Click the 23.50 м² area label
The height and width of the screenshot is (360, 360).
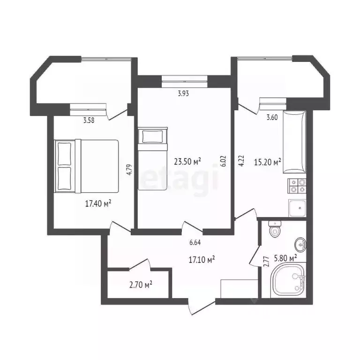pyautogui.click(x=187, y=162)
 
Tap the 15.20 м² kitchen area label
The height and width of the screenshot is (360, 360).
pyautogui.click(x=267, y=162)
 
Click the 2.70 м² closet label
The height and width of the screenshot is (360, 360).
pyautogui.click(x=141, y=284)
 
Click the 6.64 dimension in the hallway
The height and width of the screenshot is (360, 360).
pyautogui.click(x=196, y=242)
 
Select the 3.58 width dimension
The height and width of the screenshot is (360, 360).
pyautogui.click(x=89, y=120)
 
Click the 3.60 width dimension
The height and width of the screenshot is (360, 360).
pyautogui.click(x=272, y=118)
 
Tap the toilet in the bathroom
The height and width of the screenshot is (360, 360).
pyautogui.click(x=274, y=230)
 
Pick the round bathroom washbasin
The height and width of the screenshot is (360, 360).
pyautogui.click(x=300, y=244)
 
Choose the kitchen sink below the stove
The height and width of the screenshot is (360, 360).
pyautogui.click(x=297, y=208)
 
